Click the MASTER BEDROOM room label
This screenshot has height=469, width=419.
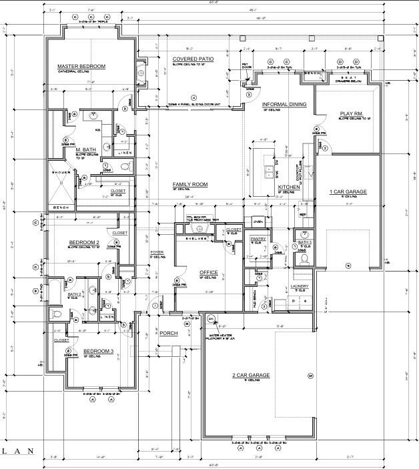[x=81, y=66]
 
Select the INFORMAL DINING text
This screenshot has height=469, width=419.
[x=284, y=105]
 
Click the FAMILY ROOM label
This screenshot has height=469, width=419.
[x=190, y=184]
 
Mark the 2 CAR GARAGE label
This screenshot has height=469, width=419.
[x=251, y=376]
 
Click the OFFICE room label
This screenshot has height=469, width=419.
[x=209, y=273]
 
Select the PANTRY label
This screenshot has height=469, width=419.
[x=258, y=238]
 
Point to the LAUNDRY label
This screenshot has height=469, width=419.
[x=300, y=287]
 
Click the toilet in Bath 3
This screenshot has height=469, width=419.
[x=305, y=258]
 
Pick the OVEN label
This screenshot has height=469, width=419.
[x=258, y=221]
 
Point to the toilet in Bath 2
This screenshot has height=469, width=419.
[x=56, y=313]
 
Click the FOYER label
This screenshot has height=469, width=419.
[x=156, y=252]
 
